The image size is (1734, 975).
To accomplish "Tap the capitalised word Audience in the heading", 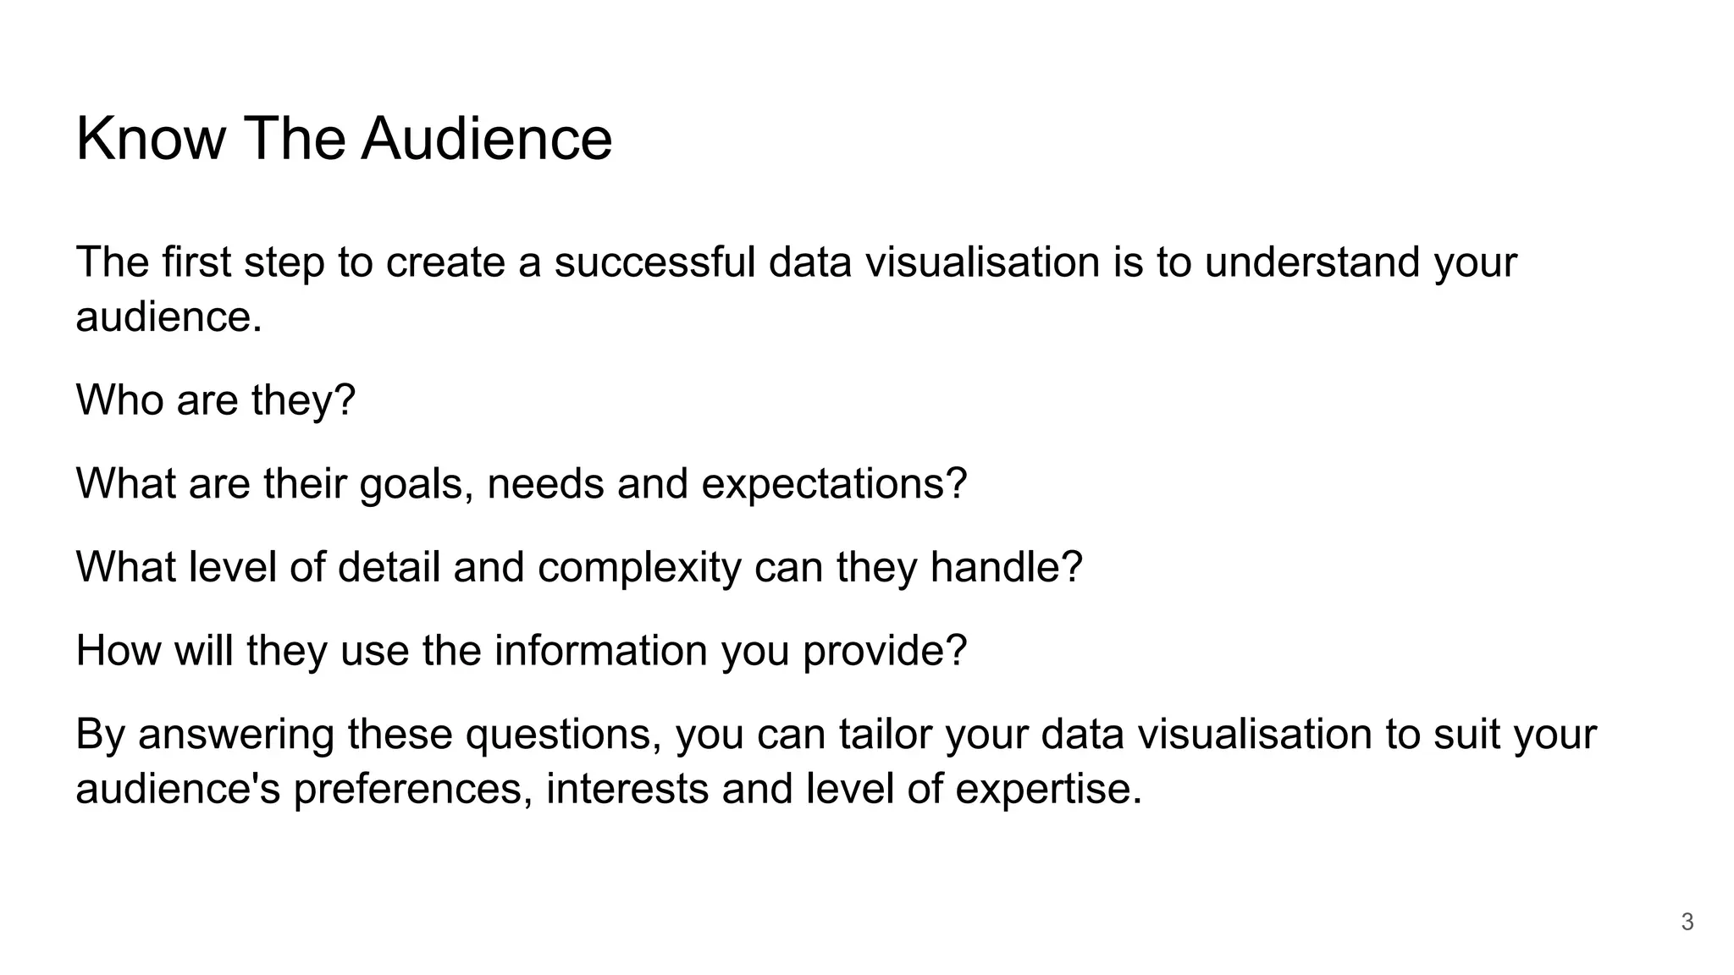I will [x=486, y=139].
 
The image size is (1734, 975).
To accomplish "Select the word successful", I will [x=654, y=262].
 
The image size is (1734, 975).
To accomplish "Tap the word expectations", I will [x=833, y=484].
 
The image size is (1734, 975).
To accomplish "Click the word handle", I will [x=1005, y=567].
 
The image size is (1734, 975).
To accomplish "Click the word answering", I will [x=236, y=735].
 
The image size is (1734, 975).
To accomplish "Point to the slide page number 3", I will [x=1687, y=922].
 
